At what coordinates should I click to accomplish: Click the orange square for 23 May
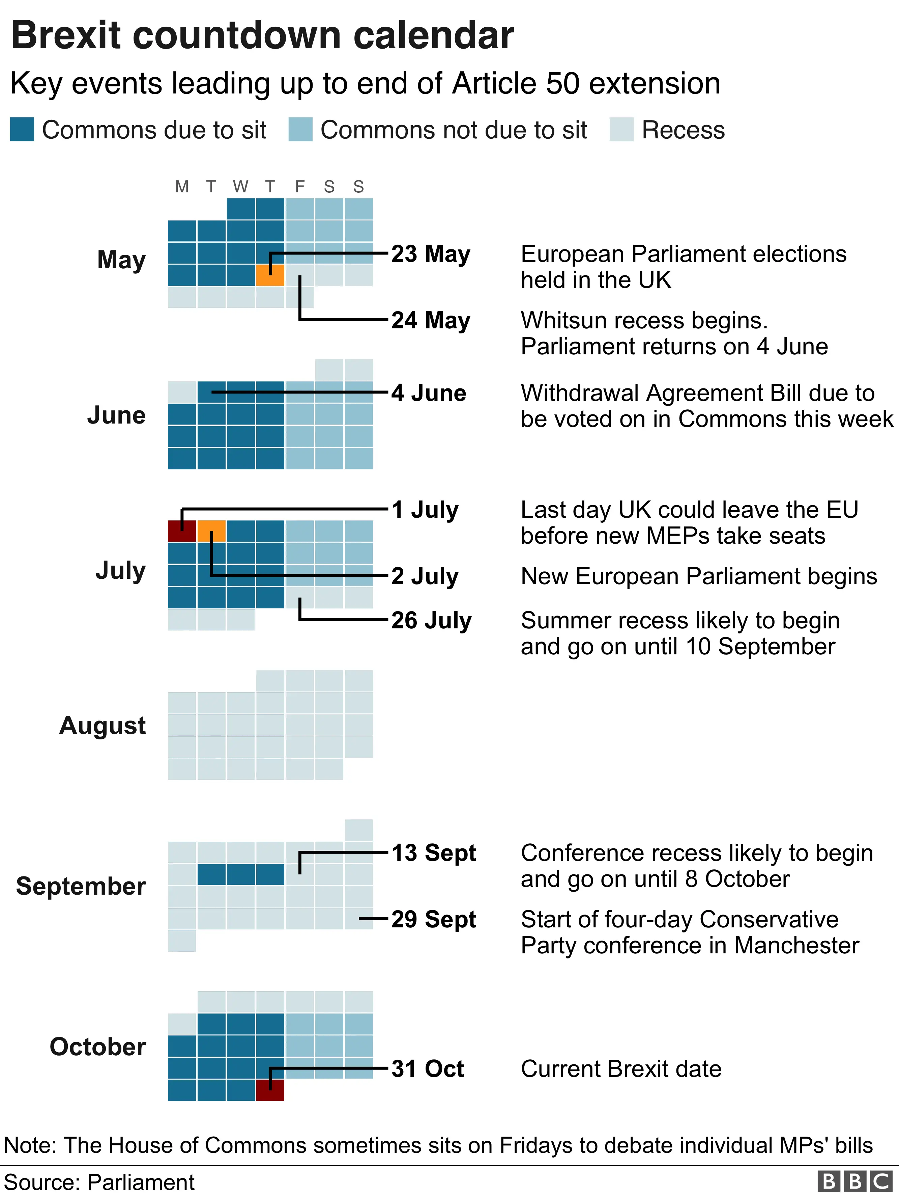point(270,275)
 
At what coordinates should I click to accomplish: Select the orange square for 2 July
point(211,531)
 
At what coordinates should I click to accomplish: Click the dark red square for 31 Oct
point(270,1090)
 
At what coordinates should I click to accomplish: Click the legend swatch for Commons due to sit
point(22,130)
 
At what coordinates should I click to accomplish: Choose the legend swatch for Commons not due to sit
point(300,130)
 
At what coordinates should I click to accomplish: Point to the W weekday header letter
point(240,187)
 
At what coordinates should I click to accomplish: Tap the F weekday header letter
point(300,187)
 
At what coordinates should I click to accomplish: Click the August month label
point(103,725)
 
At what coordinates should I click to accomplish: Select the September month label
point(81,886)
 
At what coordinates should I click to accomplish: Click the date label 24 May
point(430,320)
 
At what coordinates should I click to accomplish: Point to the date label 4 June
point(428,393)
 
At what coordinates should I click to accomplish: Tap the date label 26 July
point(431,620)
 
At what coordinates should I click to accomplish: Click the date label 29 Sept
point(434,919)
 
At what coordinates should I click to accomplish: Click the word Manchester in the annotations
point(796,945)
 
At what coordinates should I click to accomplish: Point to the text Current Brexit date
point(621,1068)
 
